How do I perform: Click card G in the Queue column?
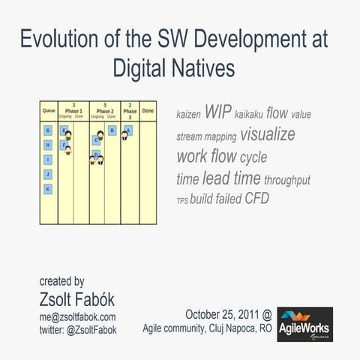(48, 130)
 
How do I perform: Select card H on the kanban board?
(48, 145)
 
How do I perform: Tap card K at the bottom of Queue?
(48, 189)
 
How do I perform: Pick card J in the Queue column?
(48, 174)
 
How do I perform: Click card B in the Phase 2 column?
(112, 130)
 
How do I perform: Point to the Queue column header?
(49, 110)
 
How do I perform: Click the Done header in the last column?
(148, 110)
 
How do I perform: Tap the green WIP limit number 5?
(105, 105)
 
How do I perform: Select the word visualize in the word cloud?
(268, 134)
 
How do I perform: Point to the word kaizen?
(187, 115)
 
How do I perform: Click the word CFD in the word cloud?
(256, 199)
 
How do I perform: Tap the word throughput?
(287, 180)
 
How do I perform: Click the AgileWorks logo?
(304, 324)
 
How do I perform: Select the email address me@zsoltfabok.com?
(78, 317)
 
